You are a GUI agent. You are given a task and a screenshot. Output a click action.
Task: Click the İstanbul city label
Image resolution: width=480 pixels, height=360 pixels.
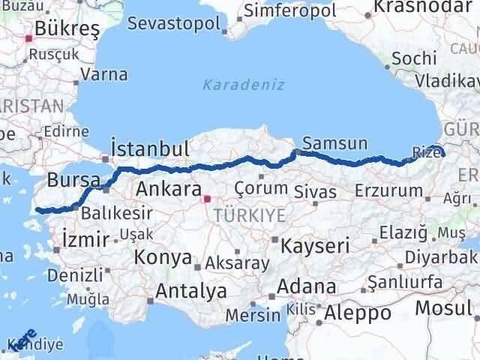[148, 148]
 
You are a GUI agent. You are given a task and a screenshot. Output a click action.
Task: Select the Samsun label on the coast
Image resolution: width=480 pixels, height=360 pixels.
[334, 142]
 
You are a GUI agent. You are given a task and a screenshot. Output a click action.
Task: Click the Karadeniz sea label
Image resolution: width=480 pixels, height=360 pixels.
[244, 85]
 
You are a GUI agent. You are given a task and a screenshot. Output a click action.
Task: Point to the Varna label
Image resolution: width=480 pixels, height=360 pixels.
[103, 74]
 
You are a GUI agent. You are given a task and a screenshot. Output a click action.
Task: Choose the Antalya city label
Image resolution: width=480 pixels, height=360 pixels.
[191, 291]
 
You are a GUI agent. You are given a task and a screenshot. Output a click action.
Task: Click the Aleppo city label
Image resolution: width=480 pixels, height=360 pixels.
[358, 311]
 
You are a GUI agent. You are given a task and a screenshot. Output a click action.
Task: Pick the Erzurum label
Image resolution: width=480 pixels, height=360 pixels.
[389, 190]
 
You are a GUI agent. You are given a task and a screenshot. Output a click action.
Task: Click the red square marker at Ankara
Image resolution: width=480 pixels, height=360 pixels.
[208, 199]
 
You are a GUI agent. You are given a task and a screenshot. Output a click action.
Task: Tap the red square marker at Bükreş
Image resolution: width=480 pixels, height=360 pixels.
[29, 37]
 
